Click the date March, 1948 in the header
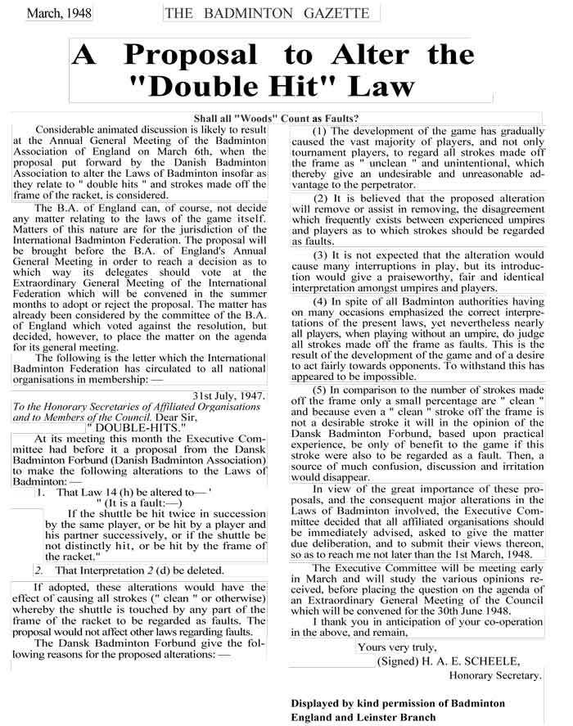click(59, 13)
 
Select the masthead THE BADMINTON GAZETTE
click(271, 13)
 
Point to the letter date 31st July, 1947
click(229, 395)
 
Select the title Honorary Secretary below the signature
click(495, 675)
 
